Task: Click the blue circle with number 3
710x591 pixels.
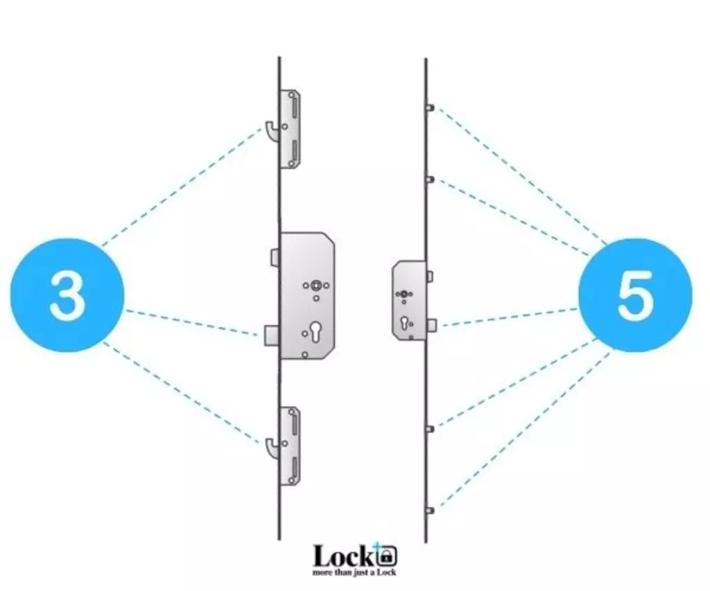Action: click(x=67, y=295)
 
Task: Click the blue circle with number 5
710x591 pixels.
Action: click(x=635, y=295)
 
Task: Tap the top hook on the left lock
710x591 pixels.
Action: click(x=272, y=131)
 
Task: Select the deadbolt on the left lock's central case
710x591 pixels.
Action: click(x=272, y=335)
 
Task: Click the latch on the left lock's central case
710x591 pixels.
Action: click(x=275, y=257)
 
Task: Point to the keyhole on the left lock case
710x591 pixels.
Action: click(x=315, y=330)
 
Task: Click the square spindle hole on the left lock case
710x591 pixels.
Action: click(x=315, y=285)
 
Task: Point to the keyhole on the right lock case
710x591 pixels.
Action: click(x=404, y=323)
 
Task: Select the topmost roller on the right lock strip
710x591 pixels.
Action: click(x=430, y=107)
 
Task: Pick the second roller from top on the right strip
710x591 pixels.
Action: click(x=430, y=179)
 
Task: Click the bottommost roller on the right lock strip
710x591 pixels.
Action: click(x=430, y=511)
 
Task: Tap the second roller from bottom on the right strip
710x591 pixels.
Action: click(x=430, y=429)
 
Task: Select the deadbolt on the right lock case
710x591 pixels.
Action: click(x=432, y=325)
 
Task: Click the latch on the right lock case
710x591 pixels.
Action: click(x=430, y=276)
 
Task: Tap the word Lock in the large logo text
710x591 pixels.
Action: click(x=344, y=556)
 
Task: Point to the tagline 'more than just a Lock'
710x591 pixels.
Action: click(x=354, y=572)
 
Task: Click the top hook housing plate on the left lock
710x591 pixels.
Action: click(x=291, y=128)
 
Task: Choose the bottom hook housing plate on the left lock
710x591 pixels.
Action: click(x=291, y=446)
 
